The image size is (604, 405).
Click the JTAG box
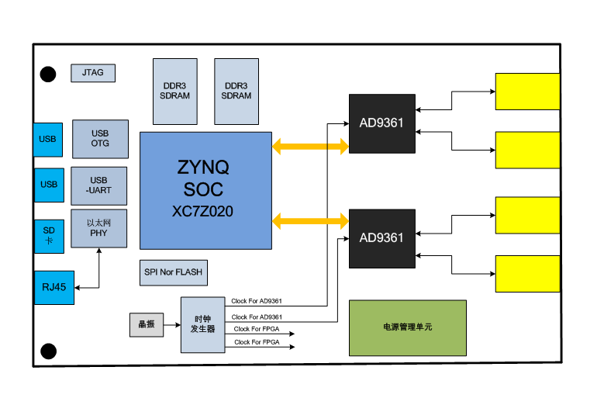(93, 74)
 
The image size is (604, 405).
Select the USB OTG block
(100, 139)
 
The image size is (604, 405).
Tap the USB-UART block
(98, 185)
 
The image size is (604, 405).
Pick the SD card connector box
(48, 236)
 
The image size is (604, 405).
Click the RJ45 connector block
(54, 288)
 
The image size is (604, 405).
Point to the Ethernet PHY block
(98, 228)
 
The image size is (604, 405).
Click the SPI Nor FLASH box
(173, 272)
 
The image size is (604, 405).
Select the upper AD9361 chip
(381, 123)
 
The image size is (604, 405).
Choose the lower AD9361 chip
(381, 237)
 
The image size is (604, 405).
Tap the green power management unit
(408, 327)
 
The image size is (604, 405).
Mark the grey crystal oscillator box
(147, 324)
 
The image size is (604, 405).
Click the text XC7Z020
(202, 210)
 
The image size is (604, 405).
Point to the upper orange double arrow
(310, 146)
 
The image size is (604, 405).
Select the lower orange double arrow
(310, 221)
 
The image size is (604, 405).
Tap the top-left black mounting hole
(48, 74)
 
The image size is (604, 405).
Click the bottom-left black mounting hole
(48, 351)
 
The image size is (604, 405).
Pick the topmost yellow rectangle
(527, 92)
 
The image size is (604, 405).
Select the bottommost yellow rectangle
(527, 273)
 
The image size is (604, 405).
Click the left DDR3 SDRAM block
(175, 91)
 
